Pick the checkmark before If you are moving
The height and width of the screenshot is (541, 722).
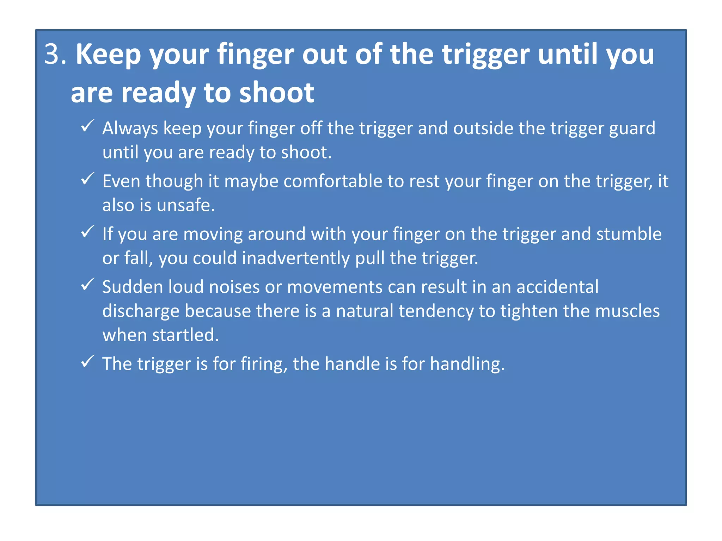point(87,231)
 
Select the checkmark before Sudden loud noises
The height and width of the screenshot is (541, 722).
point(87,284)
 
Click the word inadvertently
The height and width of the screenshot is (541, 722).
point(296,258)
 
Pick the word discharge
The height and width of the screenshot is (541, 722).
point(141,311)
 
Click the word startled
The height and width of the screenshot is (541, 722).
point(185,335)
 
